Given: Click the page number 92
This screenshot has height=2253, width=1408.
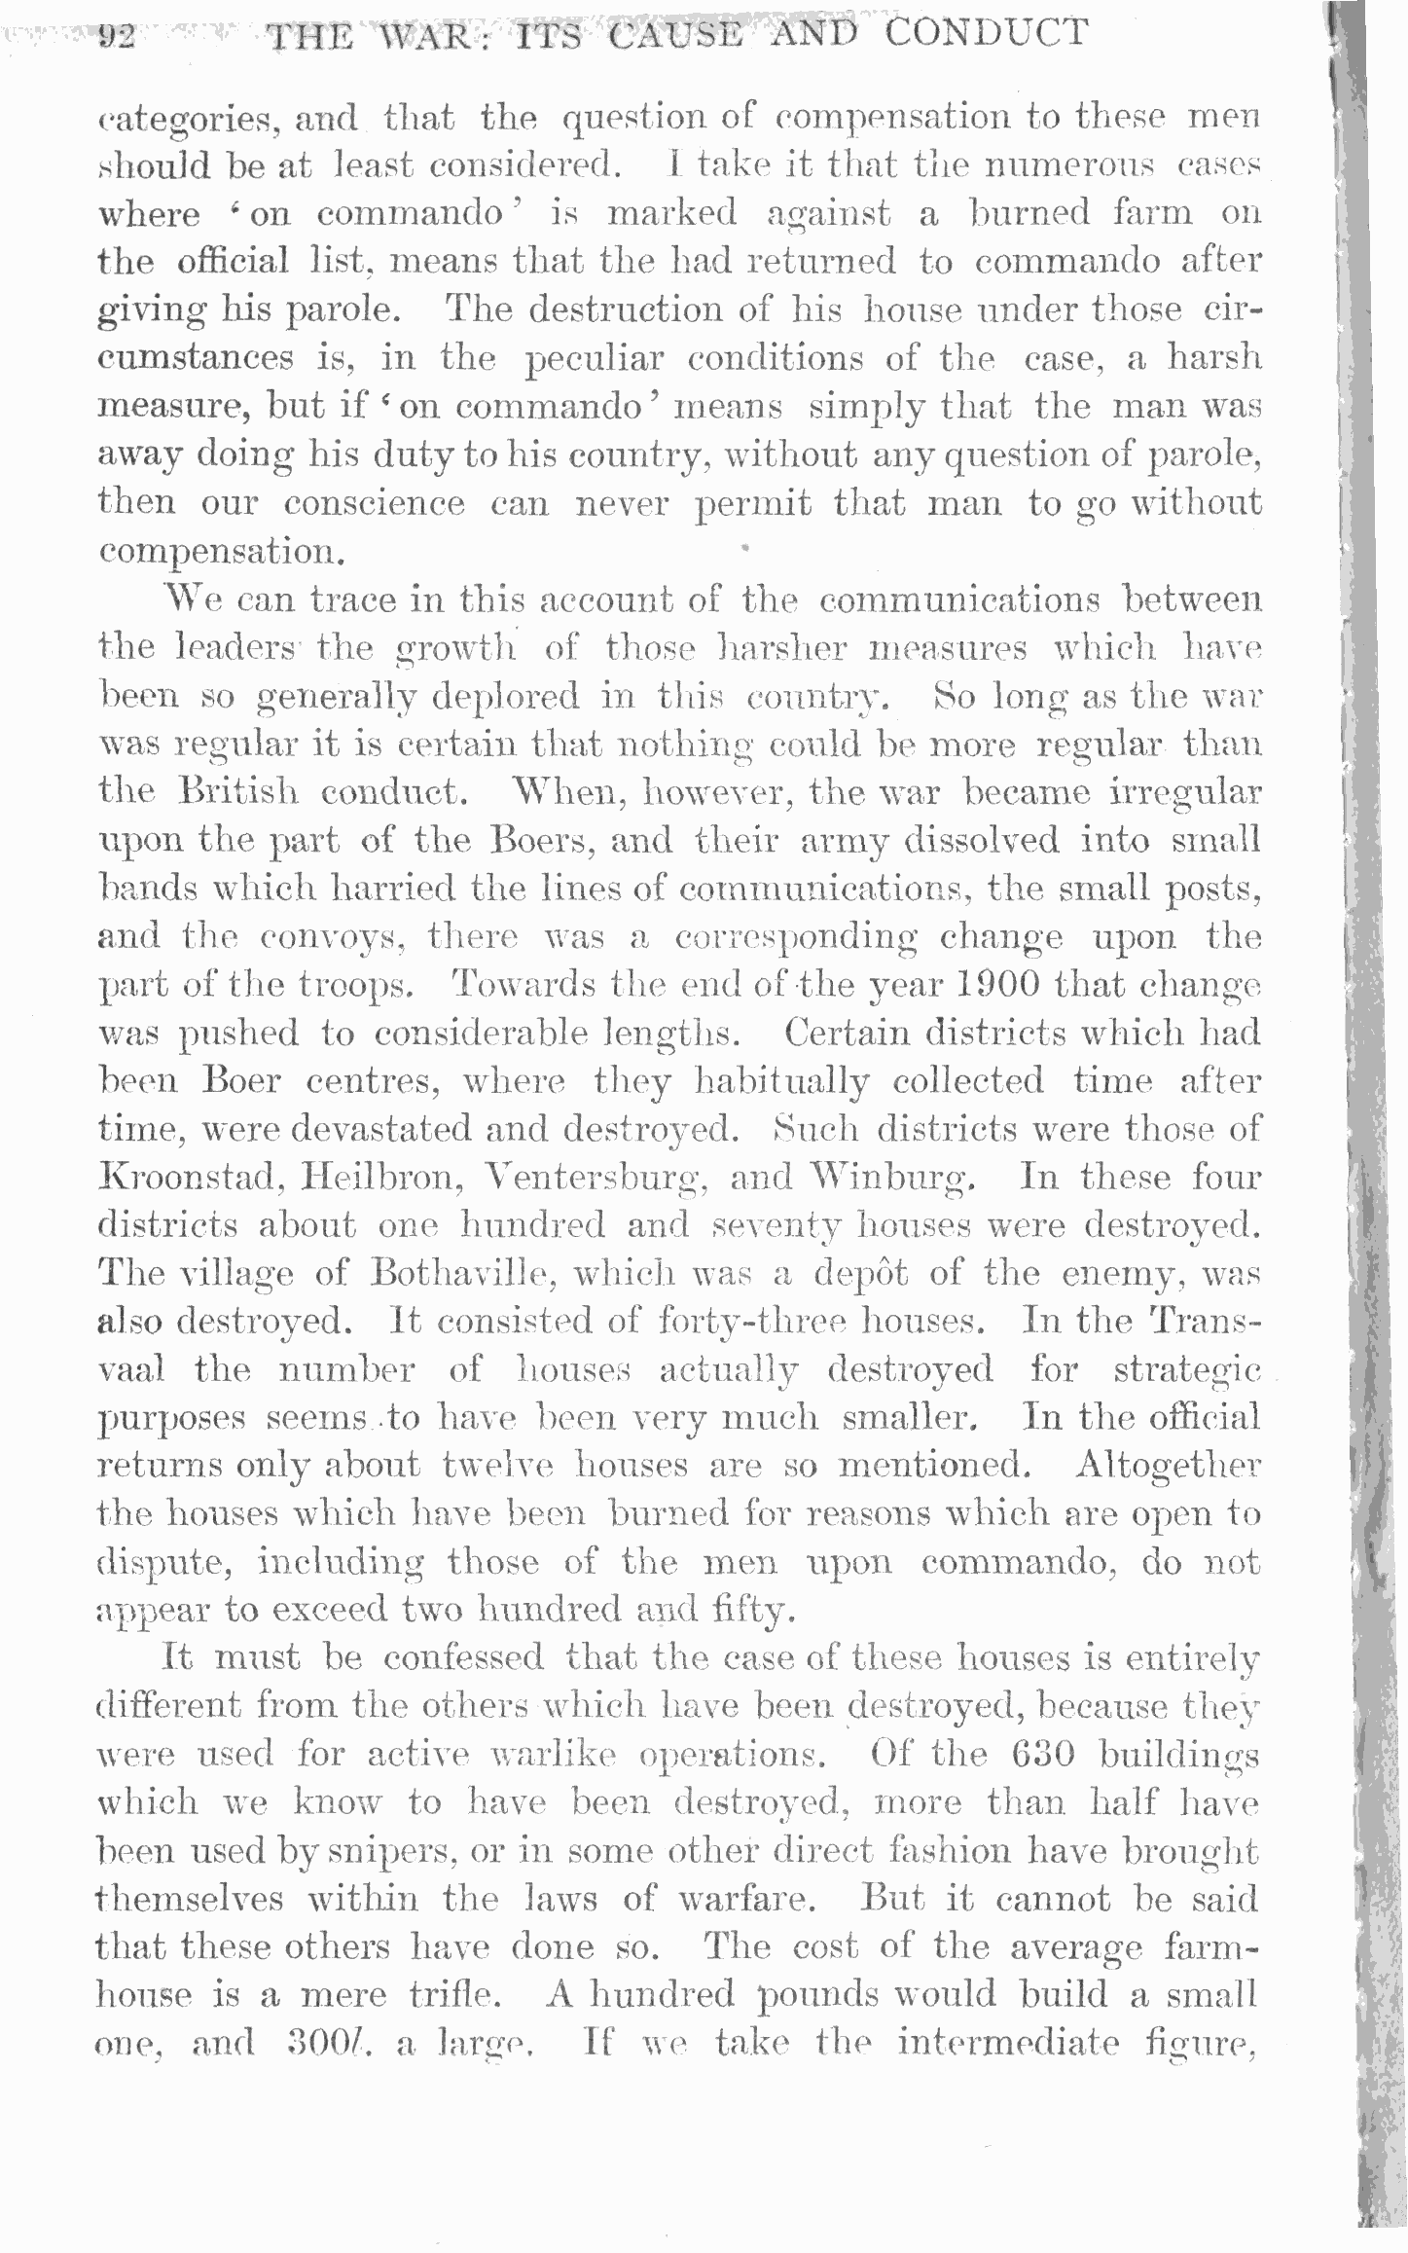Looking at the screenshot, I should point(115,38).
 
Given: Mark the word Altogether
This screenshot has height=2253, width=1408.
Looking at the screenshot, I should point(1167,1466).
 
